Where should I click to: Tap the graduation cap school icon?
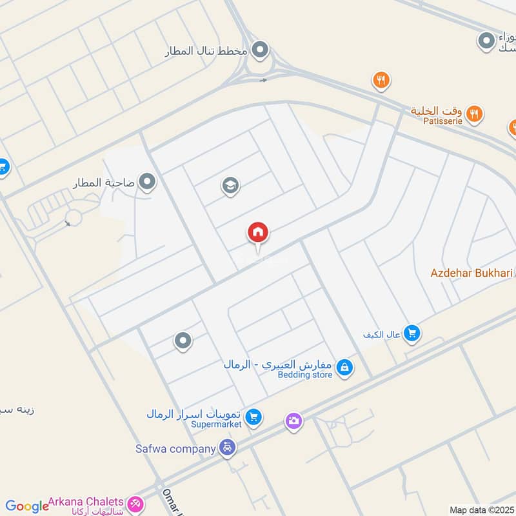tap(230, 186)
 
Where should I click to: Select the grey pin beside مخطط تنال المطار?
tap(260, 49)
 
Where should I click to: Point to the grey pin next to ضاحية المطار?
tap(148, 183)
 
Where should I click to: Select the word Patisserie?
tap(444, 121)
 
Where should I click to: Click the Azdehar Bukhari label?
tap(471, 273)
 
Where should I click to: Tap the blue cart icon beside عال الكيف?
tap(412, 333)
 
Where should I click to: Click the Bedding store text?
tap(305, 375)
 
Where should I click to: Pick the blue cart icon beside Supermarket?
tap(254, 417)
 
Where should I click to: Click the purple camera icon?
tap(293, 421)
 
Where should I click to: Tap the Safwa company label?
tap(175, 448)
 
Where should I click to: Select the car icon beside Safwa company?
tap(227, 448)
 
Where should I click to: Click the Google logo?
tap(27, 507)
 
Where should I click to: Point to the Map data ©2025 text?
tap(481, 510)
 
